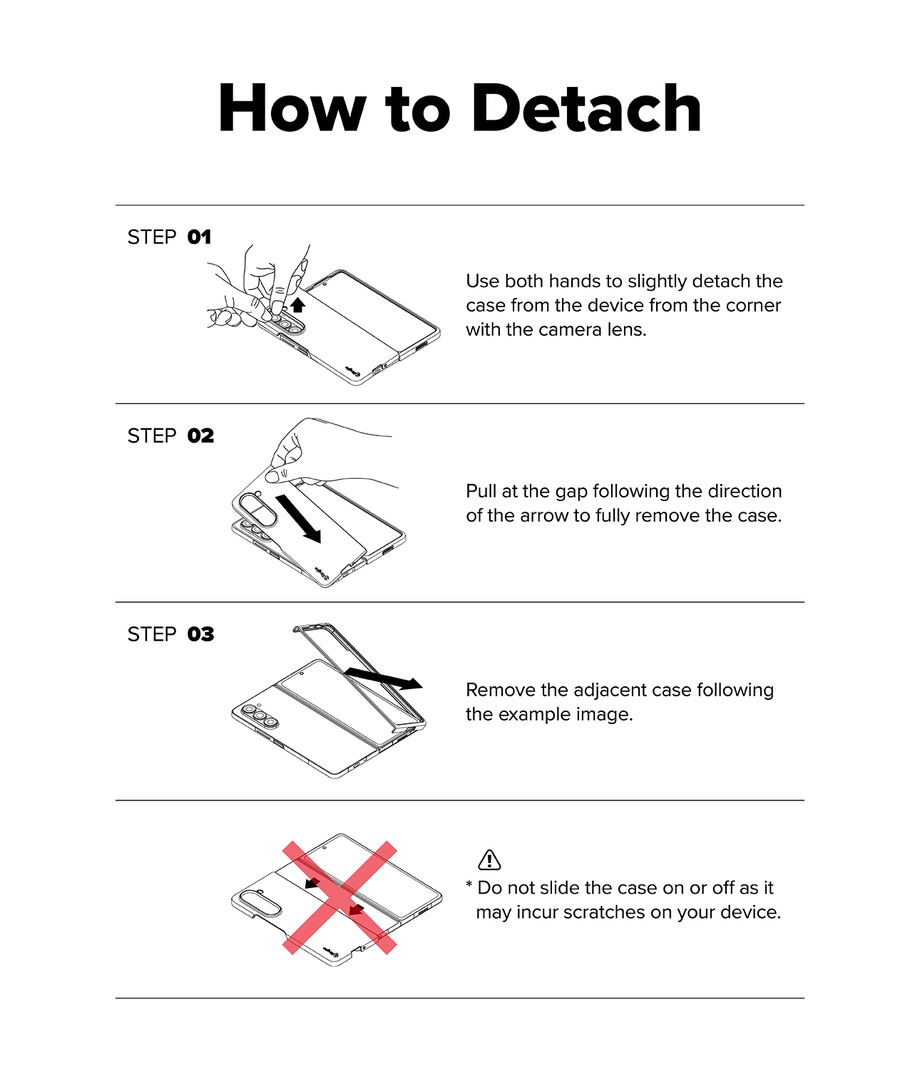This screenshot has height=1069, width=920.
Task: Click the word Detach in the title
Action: point(586,108)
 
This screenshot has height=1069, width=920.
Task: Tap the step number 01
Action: point(199,237)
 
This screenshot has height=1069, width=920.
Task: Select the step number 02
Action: point(201,436)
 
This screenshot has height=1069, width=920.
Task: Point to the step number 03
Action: point(201,634)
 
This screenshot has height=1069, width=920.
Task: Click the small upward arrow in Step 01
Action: point(297,304)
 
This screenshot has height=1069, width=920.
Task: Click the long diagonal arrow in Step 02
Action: point(299,519)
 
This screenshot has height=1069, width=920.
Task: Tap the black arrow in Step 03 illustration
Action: point(383,678)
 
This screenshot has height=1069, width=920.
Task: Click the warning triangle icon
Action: point(489,859)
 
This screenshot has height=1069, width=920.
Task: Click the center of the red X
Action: point(339,897)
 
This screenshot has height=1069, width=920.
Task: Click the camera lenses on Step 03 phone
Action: point(260,716)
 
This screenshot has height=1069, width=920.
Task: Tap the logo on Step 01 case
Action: point(352,369)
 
